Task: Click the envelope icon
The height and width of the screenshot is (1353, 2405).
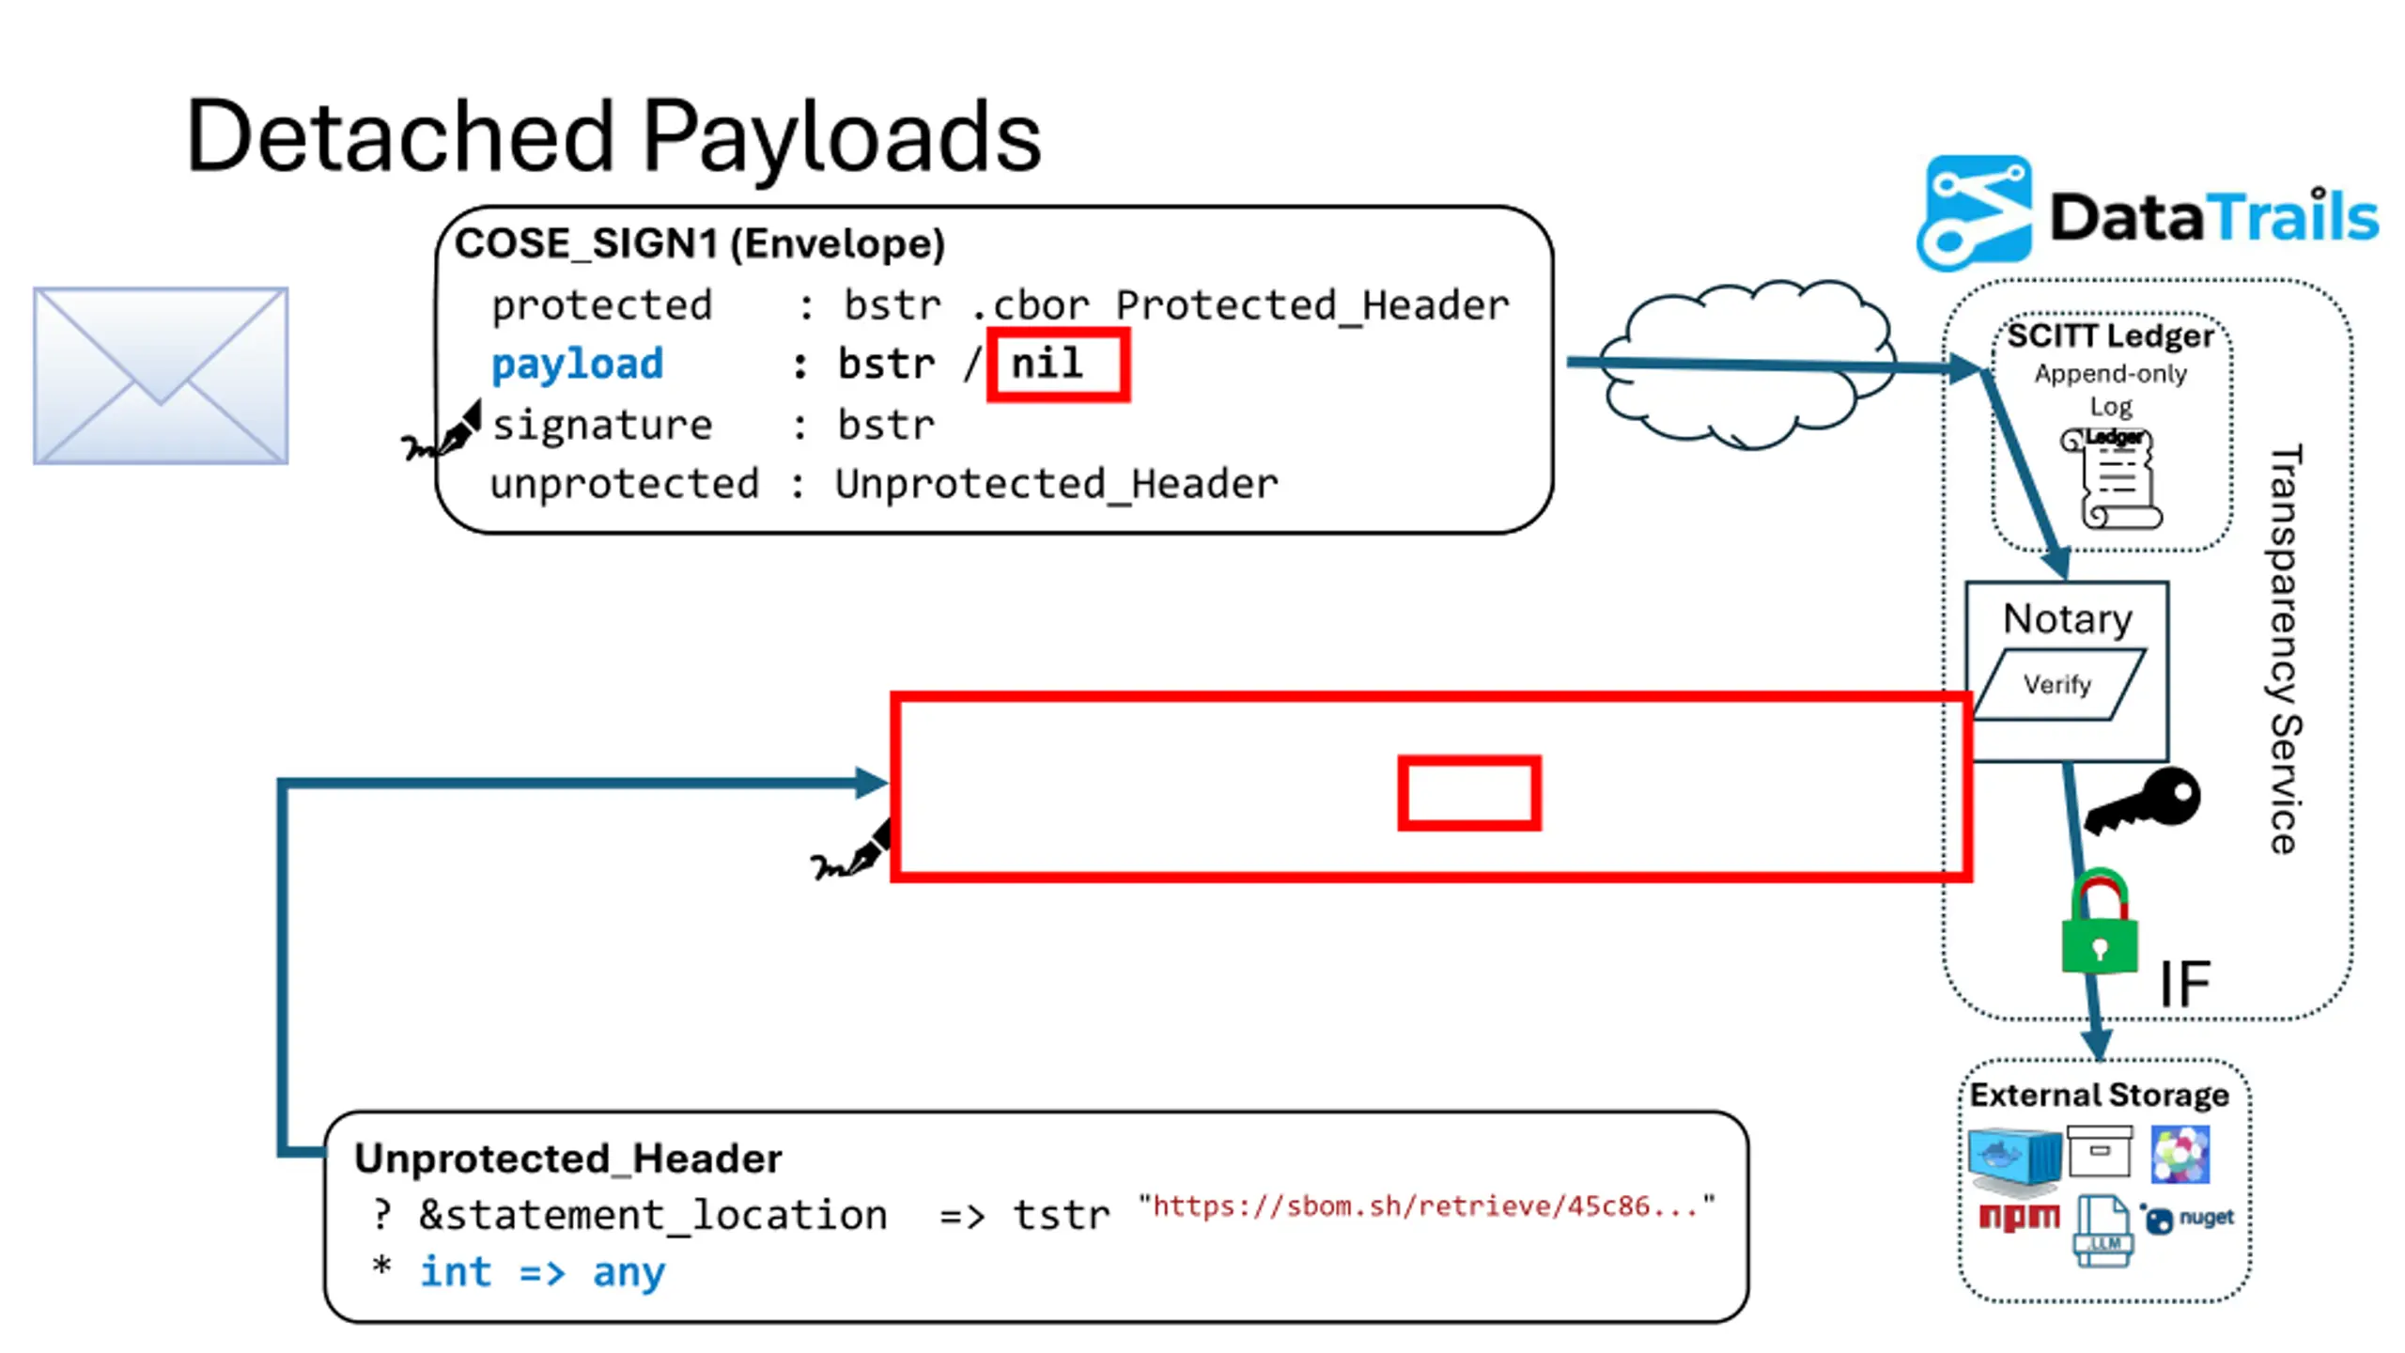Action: [161, 375]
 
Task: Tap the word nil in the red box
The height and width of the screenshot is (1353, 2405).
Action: [1047, 364]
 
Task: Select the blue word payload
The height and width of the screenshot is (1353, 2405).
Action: [577, 365]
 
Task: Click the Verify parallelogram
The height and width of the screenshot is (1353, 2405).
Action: [2057, 684]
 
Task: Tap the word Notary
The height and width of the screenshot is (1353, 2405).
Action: [2067, 619]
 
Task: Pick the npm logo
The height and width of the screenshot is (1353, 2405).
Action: [2018, 1217]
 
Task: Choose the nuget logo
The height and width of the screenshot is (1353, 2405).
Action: [2189, 1218]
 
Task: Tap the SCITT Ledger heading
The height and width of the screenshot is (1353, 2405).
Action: [2110, 336]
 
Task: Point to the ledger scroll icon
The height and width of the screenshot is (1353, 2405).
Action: [2115, 479]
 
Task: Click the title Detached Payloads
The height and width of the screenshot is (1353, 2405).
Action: [613, 137]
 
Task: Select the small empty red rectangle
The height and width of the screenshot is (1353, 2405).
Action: [1468, 793]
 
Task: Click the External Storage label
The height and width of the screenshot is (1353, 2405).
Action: [2099, 1096]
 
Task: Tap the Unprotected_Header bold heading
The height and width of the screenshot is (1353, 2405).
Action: [567, 1159]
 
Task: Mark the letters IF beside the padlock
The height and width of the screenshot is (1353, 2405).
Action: [2184, 985]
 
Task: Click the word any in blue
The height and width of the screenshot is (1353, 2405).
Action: [628, 1272]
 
